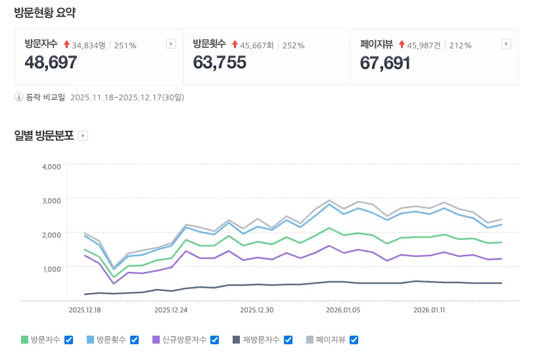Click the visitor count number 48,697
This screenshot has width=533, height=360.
(x=51, y=63)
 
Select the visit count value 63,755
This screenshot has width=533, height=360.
(x=220, y=63)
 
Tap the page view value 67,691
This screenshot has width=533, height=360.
(x=385, y=63)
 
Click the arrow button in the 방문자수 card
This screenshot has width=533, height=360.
(x=171, y=44)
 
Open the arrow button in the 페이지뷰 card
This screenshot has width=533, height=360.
(x=506, y=44)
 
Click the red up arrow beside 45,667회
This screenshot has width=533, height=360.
(x=235, y=45)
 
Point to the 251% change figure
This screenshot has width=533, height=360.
(x=126, y=45)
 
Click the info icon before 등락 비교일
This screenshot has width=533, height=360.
(x=19, y=97)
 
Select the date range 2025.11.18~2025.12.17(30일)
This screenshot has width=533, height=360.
(x=127, y=97)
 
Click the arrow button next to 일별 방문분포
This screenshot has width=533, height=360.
(x=83, y=136)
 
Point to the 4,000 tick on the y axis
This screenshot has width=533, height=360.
(x=51, y=166)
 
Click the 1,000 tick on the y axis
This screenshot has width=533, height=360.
(x=51, y=268)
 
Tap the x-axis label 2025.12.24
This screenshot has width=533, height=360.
(x=171, y=309)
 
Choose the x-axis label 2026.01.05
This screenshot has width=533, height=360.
(x=343, y=309)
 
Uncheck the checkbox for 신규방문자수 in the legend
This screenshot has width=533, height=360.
(x=214, y=340)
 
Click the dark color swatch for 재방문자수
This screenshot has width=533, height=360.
(x=237, y=340)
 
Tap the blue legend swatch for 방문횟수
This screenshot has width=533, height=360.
(x=90, y=340)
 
